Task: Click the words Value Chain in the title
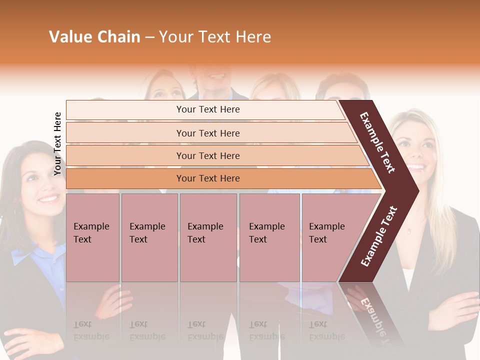pos(94,37)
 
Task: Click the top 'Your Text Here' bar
pos(207,109)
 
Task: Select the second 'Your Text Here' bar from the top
pos(207,133)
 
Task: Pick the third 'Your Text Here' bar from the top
pos(207,155)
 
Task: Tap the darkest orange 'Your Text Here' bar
pos(207,178)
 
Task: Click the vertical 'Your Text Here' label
pos(57,143)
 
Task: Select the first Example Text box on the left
pos(92,237)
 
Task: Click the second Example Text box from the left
pos(149,237)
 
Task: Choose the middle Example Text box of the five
pos(208,237)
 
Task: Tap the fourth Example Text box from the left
pos(269,237)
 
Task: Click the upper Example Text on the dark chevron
pos(378,142)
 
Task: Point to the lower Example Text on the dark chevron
pos(379,236)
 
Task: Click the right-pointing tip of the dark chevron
pos(417,190)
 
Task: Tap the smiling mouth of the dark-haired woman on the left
pos(49,198)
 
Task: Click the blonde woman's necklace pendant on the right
pos(409,230)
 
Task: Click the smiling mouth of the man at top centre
pos(216,76)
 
